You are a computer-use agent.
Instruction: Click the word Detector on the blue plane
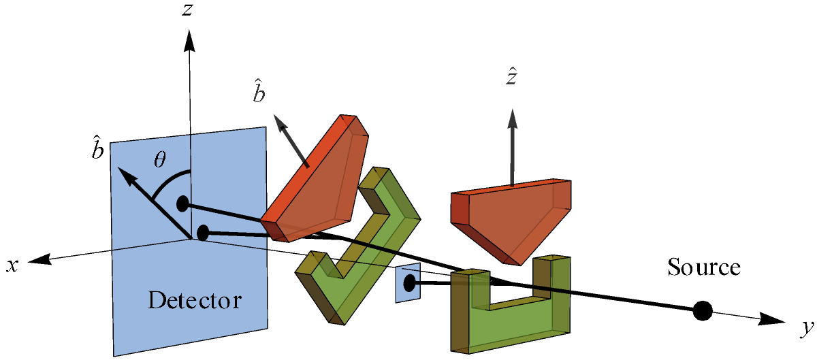pyautogui.click(x=195, y=299)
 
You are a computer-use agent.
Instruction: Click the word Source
pyautogui.click(x=703, y=267)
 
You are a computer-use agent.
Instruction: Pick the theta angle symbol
pyautogui.click(x=159, y=160)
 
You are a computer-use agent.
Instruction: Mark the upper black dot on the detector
pyautogui.click(x=182, y=203)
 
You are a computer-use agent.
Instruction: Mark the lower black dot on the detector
pyautogui.click(x=202, y=233)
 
